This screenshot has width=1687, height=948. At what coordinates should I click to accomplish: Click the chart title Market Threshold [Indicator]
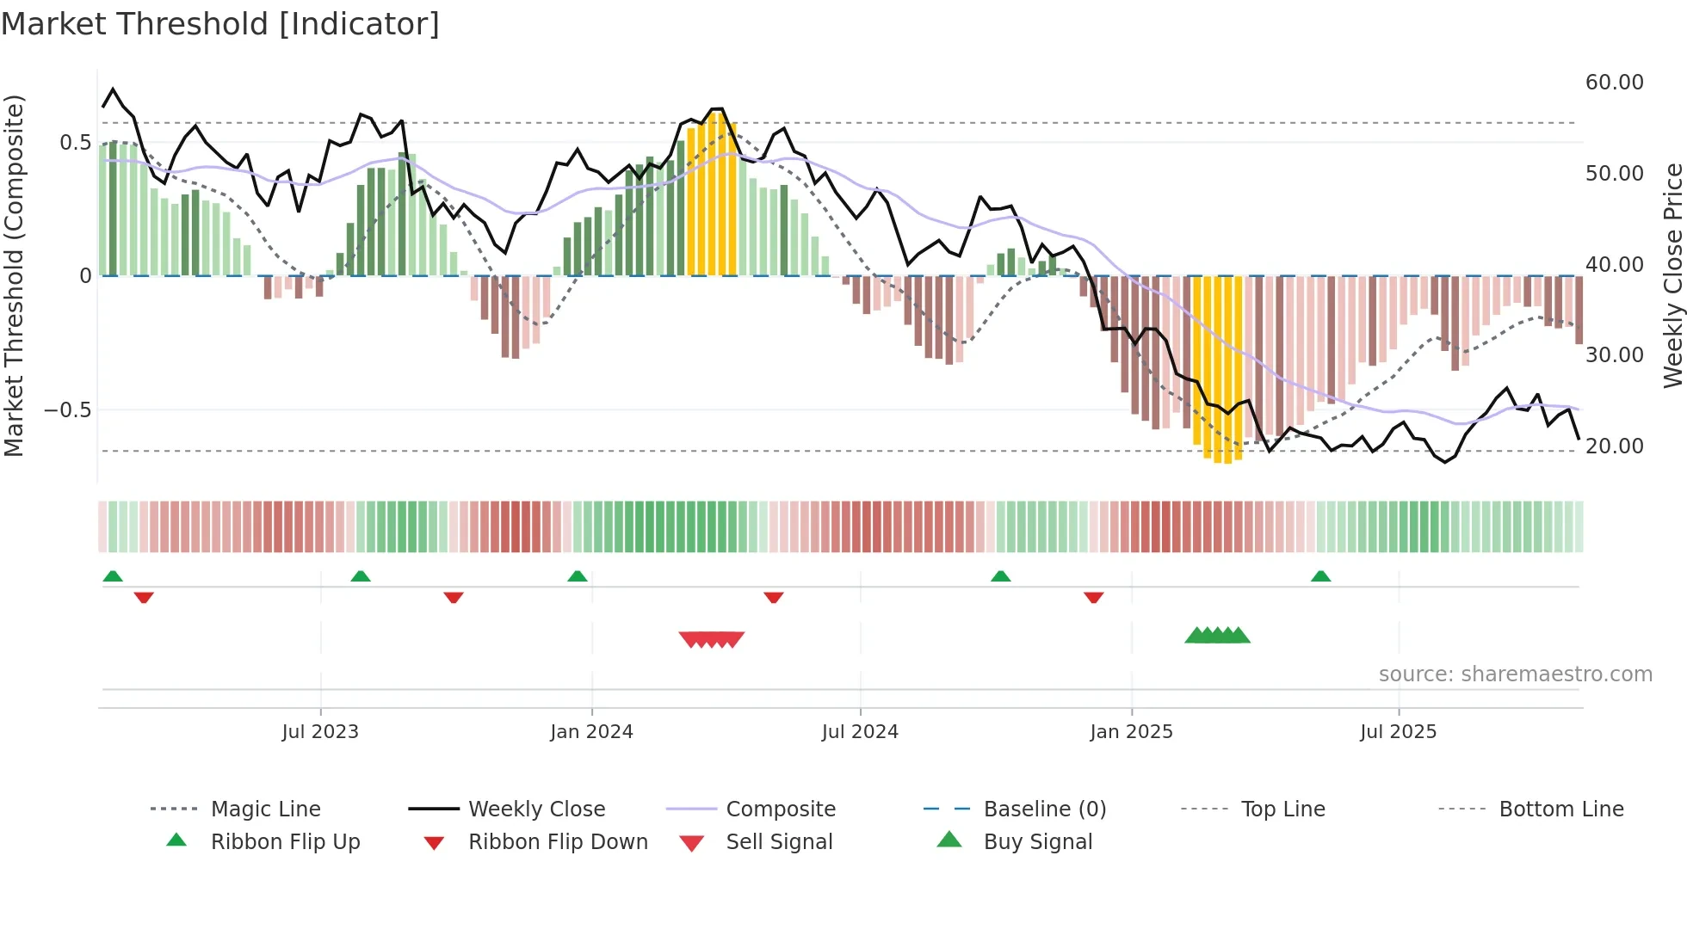click(220, 24)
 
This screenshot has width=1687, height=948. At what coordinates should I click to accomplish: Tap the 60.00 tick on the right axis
click(1614, 83)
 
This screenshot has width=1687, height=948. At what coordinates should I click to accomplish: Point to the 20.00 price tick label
click(1614, 446)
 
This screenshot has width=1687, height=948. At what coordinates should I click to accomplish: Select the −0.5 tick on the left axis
click(68, 410)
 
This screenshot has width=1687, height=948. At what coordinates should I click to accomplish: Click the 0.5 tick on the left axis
click(75, 143)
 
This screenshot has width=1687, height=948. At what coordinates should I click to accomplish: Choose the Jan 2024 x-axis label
click(591, 732)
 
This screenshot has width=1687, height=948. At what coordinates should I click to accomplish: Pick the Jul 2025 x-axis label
click(1398, 732)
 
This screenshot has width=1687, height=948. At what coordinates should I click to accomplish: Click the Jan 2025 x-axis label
click(1130, 732)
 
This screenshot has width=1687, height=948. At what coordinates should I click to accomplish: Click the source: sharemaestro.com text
click(1515, 674)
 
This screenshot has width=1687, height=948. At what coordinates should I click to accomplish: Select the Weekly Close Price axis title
click(1672, 275)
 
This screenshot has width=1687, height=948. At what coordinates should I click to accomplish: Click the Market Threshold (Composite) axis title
click(14, 275)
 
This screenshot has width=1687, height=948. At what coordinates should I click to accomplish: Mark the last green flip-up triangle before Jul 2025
click(1320, 576)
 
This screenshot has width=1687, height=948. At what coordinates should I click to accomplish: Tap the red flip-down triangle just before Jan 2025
click(1093, 597)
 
